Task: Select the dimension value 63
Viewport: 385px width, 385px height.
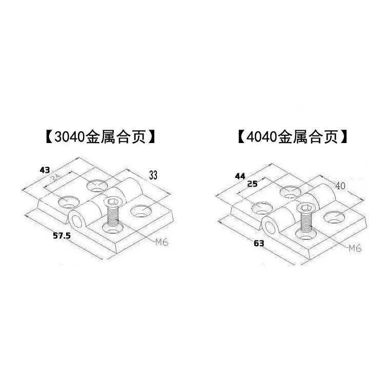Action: (x=258, y=243)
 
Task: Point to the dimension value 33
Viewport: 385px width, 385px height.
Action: (x=153, y=174)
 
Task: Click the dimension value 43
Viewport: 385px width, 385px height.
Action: (x=45, y=169)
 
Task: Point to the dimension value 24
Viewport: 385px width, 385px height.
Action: (x=55, y=179)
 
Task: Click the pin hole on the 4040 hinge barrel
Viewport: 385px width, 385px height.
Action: (x=270, y=225)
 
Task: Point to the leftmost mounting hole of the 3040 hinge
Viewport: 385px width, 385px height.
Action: (x=67, y=202)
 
